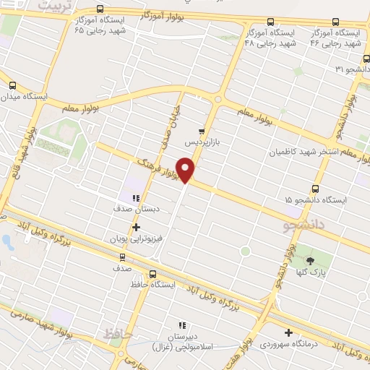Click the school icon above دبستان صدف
pos(135,197)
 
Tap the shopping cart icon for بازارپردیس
pos(202,132)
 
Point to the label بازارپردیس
pos(202,142)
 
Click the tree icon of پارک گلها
pos(310,260)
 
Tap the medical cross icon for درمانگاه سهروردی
pos(289,333)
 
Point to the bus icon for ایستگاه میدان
pos(12,85)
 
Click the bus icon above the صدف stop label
pos(121,257)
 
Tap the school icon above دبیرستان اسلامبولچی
pos(182,326)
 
